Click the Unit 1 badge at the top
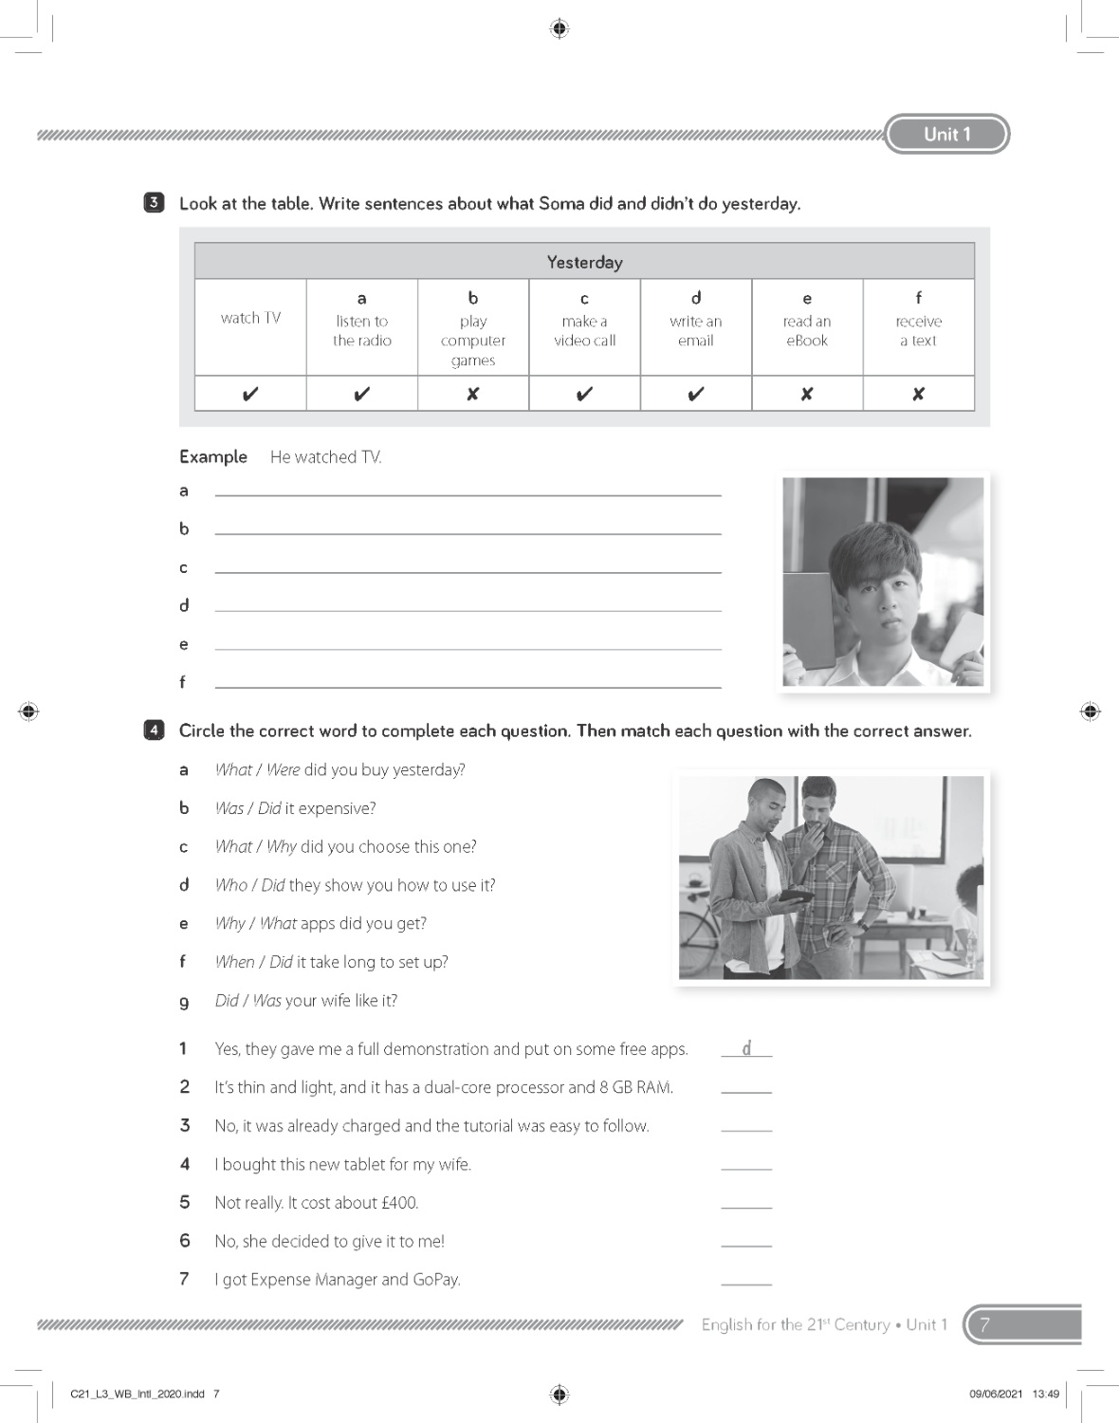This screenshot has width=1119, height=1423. pos(946,134)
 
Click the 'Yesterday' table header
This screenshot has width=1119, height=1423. pos(584,262)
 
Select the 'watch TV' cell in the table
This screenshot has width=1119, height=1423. pos(250,319)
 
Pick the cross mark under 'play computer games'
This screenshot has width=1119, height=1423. pos(473,394)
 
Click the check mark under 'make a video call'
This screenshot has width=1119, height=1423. pos(584,394)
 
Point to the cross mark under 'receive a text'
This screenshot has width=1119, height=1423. pos(918,394)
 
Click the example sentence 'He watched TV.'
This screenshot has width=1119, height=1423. pos(325,457)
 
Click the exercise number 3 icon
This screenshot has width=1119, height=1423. pos(154,202)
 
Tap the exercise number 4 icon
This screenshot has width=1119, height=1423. pos(154,730)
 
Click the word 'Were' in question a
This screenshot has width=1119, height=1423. pos(283,769)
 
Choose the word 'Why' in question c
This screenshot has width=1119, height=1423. pos(282,846)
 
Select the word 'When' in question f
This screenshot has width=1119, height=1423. pos(234,962)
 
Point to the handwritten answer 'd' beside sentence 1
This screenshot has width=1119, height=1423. pos(746,1047)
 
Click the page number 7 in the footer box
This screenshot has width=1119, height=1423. pos(985,1324)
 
